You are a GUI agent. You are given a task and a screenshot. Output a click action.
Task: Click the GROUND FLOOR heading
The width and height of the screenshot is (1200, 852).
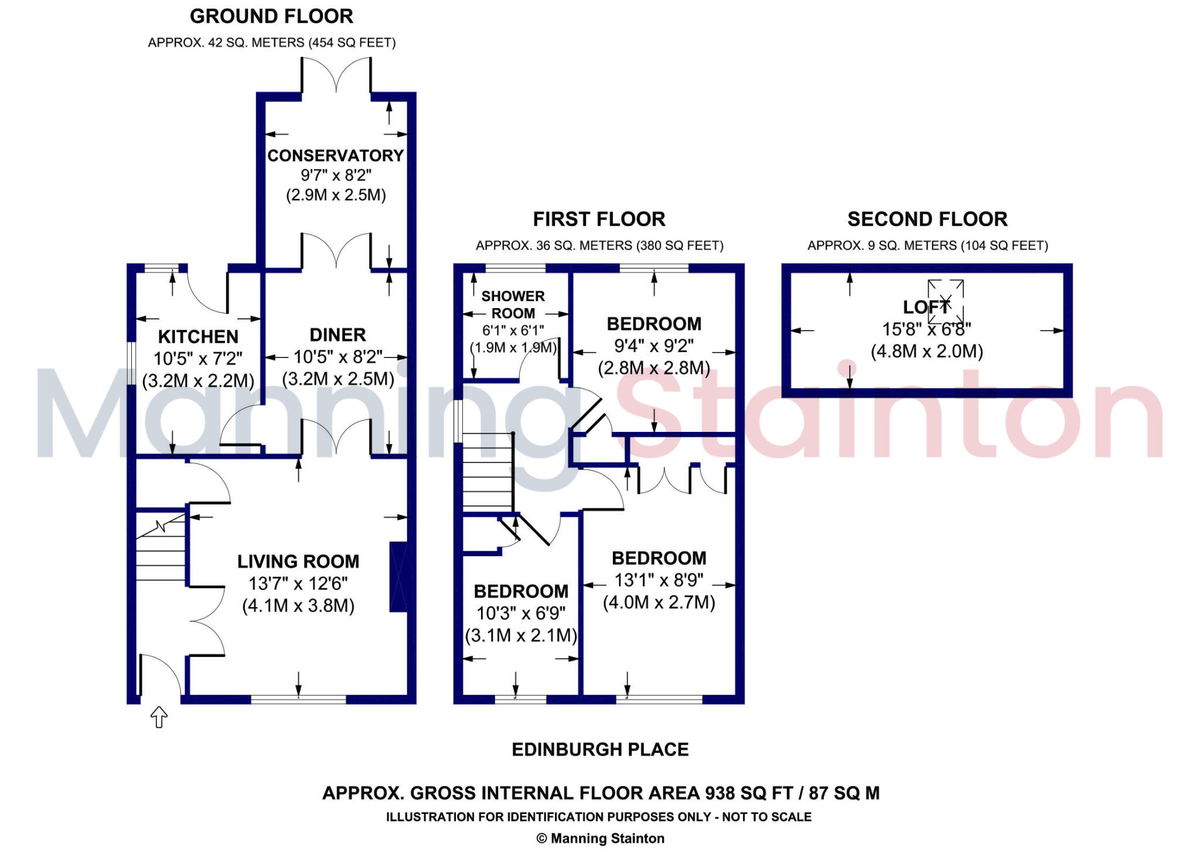(271, 16)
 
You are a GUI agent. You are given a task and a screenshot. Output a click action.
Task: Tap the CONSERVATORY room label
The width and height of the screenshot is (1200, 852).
(336, 155)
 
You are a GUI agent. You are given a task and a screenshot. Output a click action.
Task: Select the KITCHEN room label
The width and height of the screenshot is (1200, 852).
(198, 336)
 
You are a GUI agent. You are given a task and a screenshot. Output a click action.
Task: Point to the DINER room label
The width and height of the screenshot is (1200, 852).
(337, 335)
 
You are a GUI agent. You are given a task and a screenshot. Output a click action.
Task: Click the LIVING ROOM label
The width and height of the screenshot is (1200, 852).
(298, 561)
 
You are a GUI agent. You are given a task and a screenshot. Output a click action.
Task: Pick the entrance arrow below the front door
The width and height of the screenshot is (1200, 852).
(159, 717)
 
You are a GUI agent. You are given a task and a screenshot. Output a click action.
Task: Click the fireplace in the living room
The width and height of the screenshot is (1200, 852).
(398, 577)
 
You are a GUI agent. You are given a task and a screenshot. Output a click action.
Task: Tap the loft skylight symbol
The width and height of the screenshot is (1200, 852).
(945, 301)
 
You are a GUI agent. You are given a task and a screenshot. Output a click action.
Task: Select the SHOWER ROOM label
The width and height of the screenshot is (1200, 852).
(513, 305)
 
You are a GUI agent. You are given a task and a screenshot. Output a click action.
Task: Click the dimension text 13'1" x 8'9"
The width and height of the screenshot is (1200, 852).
(659, 580)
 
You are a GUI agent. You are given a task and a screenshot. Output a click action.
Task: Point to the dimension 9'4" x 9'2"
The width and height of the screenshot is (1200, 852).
(653, 346)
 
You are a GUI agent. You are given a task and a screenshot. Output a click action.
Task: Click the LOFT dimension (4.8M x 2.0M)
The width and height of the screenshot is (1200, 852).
(927, 351)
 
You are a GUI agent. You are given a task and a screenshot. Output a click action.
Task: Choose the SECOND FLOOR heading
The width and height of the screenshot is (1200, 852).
(927, 219)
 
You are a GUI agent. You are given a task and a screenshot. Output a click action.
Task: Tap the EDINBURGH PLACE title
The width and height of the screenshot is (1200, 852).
(600, 749)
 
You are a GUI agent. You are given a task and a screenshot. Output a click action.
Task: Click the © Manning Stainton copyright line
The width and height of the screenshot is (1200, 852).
(600, 839)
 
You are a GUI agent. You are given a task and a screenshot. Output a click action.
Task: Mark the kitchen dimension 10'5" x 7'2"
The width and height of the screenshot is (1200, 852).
(198, 358)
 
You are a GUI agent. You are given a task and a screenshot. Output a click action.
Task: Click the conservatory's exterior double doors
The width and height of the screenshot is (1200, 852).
(336, 75)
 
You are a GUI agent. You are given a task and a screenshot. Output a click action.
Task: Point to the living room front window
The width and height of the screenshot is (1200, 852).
(298, 699)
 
